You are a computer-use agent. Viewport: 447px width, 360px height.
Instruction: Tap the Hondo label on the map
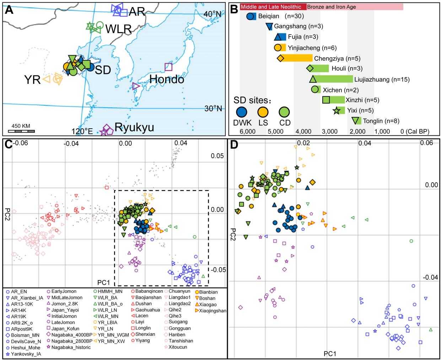166,79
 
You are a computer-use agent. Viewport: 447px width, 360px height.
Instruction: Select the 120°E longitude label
82,131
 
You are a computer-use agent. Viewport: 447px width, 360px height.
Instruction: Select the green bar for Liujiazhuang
334,79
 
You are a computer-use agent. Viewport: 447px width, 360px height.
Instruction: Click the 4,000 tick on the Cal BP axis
303,131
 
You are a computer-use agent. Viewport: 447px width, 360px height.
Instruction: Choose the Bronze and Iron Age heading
331,7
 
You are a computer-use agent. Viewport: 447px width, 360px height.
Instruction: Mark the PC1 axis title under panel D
329,354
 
